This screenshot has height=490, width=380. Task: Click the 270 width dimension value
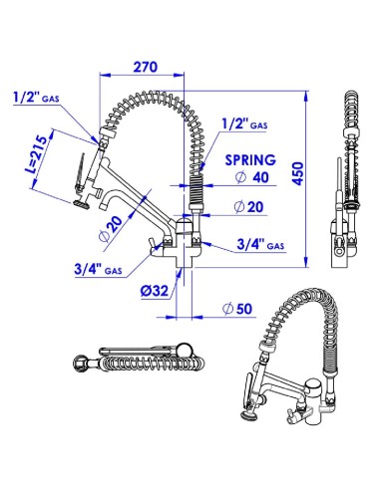click(146, 67)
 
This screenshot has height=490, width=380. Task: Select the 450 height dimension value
click(298, 173)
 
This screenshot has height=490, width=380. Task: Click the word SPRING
click(250, 160)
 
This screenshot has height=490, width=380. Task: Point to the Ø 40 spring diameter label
click(251, 177)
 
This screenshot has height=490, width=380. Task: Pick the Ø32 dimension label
click(155, 291)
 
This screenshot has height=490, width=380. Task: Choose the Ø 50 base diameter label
click(237, 309)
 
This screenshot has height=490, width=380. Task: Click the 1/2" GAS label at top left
click(36, 98)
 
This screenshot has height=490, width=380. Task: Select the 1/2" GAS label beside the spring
click(244, 124)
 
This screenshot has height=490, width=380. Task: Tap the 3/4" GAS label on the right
click(260, 245)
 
